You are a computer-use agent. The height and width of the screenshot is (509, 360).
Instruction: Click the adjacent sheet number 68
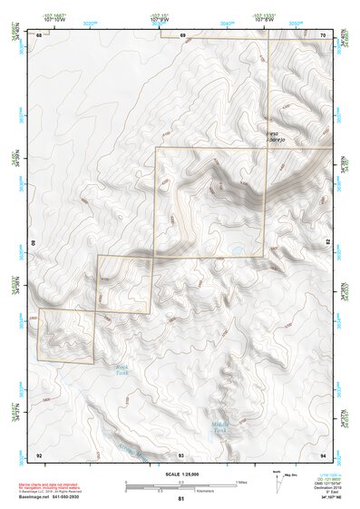point(39,34)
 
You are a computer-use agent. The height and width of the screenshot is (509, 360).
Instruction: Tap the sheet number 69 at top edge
point(182,34)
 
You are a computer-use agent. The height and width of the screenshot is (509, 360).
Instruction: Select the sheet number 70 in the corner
point(324,34)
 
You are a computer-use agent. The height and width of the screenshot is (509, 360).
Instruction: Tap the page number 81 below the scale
point(181,499)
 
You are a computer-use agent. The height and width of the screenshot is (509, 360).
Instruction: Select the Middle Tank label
point(220,426)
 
